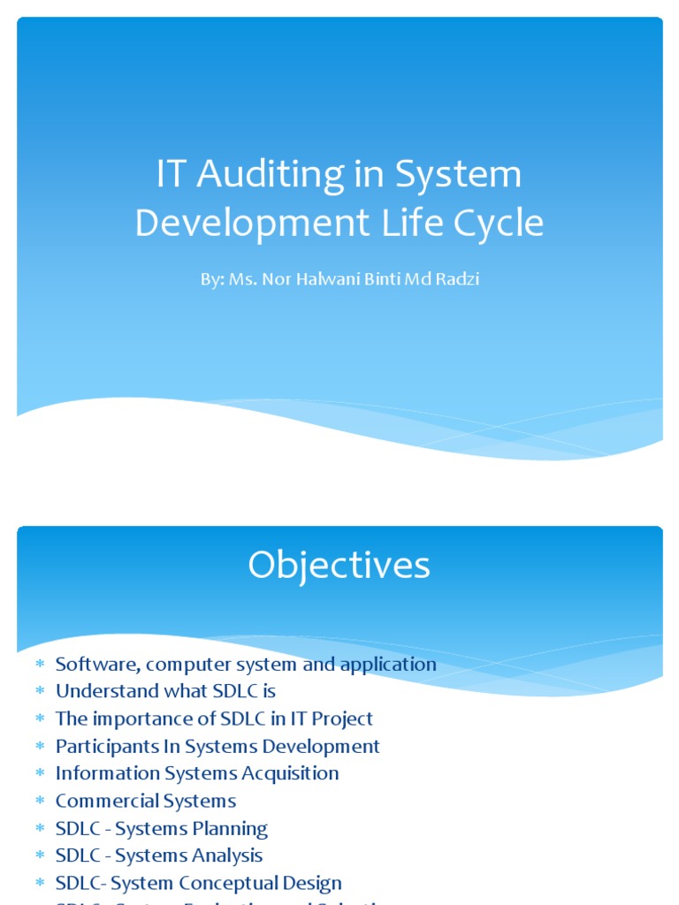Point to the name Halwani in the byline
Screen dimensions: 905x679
pyautogui.click(x=336, y=279)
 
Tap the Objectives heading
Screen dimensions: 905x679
pyautogui.click(x=339, y=566)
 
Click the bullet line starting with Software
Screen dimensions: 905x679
pyautogui.click(x=246, y=664)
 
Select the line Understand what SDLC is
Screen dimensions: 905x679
pyautogui.click(x=166, y=691)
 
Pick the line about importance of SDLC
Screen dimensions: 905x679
pyautogui.click(x=214, y=719)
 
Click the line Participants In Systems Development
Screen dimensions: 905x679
pyautogui.click(x=217, y=746)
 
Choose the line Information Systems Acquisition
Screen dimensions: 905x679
pyautogui.click(x=197, y=773)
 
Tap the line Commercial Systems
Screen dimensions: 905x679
pyautogui.click(x=146, y=801)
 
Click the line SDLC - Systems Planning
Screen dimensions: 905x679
pyautogui.click(x=162, y=828)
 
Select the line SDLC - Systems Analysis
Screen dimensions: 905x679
pyautogui.click(x=159, y=856)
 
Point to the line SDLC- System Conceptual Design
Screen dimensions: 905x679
pyautogui.click(x=199, y=883)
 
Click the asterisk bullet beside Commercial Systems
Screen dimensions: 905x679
pyautogui.click(x=40, y=802)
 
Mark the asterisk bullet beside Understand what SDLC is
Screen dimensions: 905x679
pyautogui.click(x=40, y=692)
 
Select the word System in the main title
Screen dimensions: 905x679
pyautogui.click(x=458, y=175)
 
